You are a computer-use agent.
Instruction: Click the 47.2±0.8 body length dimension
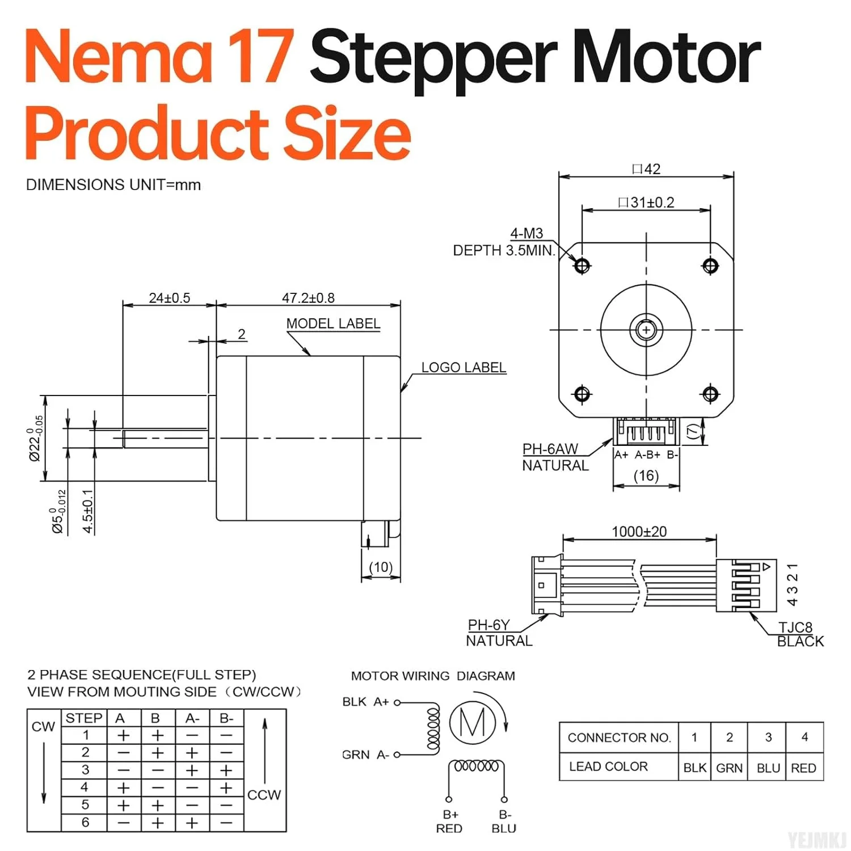point(308,298)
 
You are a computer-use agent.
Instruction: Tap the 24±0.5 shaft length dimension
point(169,298)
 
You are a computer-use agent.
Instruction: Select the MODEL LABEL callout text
point(333,323)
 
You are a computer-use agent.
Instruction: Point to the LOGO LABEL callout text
point(464,368)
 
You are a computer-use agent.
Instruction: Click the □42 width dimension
point(646,169)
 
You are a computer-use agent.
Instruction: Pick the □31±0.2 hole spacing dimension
point(646,203)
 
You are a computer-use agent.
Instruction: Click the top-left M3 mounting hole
point(582,265)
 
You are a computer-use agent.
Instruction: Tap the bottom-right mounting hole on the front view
point(710,394)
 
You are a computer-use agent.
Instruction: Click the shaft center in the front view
point(646,330)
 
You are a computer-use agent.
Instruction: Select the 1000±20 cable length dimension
point(639,532)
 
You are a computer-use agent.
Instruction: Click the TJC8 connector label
point(795,627)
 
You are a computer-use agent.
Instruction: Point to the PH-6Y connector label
point(488,625)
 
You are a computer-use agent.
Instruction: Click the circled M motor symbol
point(473,722)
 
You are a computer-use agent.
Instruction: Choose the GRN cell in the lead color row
point(729,768)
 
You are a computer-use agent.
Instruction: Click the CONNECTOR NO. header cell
point(619,738)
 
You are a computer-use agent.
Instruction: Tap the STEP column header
point(84,718)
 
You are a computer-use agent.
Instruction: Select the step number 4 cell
point(85,787)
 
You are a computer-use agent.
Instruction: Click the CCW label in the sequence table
point(264,795)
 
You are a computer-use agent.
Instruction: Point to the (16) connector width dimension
point(646,475)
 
